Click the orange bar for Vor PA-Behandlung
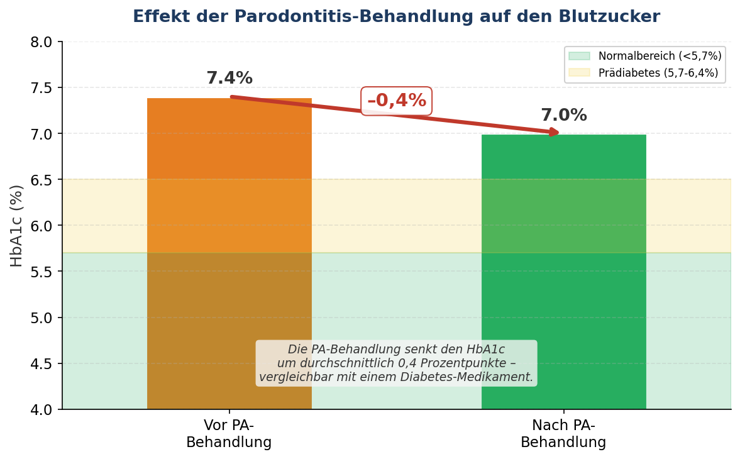pyautogui.click(x=229, y=252)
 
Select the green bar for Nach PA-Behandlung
pyautogui.click(x=563, y=270)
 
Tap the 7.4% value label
pyautogui.click(x=229, y=79)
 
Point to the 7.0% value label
pyautogui.click(x=563, y=116)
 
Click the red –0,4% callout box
pyautogui.click(x=396, y=101)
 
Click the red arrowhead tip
pyautogui.click(x=557, y=132)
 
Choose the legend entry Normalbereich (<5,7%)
pyautogui.click(x=660, y=56)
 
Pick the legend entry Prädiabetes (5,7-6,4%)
pyautogui.click(x=658, y=73)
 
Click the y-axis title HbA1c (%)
pyautogui.click(x=17, y=225)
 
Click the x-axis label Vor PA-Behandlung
pyautogui.click(x=229, y=434)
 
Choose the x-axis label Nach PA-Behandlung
pyautogui.click(x=563, y=434)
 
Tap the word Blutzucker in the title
pyautogui.click(x=613, y=17)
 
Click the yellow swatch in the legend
pyautogui.click(x=579, y=73)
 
